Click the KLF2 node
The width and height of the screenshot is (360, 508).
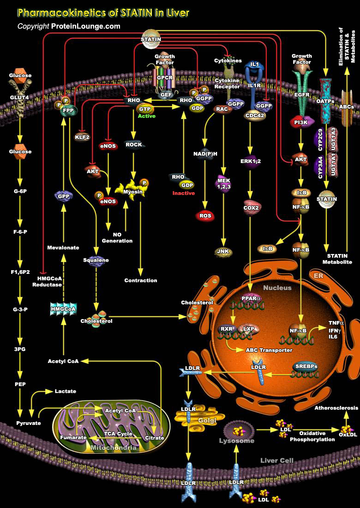pyautogui.click(x=82, y=137)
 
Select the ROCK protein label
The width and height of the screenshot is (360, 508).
pyautogui.click(x=134, y=145)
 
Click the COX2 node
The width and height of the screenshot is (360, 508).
pyautogui.click(x=252, y=208)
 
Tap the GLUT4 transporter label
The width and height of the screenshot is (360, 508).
pyautogui.click(x=20, y=98)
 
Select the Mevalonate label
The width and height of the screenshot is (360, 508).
pyautogui.click(x=63, y=248)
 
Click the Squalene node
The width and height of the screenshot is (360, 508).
pyautogui.click(x=96, y=260)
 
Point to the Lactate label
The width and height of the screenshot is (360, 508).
pyautogui.click(x=65, y=391)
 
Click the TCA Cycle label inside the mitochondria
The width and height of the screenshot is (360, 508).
pyautogui.click(x=118, y=434)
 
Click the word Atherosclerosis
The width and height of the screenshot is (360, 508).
pyautogui.click(x=336, y=408)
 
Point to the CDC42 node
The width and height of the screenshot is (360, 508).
pyautogui.click(x=255, y=115)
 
